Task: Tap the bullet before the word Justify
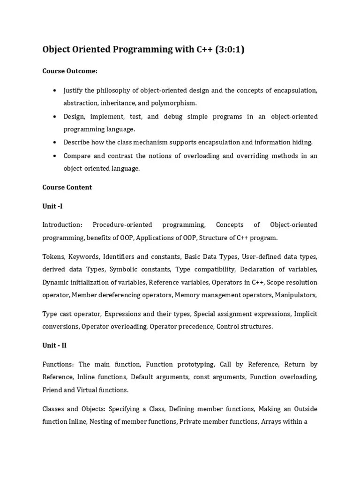tap(55, 90)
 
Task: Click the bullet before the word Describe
tap(55, 142)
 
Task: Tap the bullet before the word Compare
tap(55, 155)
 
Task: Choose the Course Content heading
tap(67, 187)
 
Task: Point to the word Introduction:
tap(62, 225)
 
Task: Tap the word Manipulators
tap(296, 295)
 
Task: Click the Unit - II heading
tap(54, 345)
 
